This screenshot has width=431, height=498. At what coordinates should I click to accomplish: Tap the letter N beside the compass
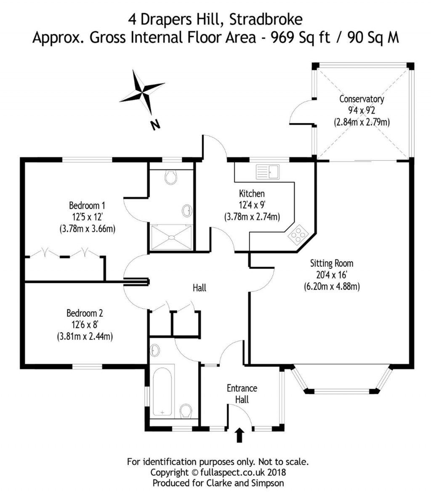tap(155, 125)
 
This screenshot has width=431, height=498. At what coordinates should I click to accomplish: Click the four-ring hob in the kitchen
tap(297, 235)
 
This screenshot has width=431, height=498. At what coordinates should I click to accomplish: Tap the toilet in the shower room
tap(171, 177)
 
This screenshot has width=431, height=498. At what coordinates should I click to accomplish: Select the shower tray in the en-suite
tap(171, 237)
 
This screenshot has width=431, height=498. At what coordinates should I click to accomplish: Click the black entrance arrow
tap(240, 435)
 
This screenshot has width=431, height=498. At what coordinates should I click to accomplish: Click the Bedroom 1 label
tap(87, 206)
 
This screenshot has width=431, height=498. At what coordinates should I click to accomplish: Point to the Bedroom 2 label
tap(85, 313)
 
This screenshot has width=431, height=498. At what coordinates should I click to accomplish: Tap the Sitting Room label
tap(332, 264)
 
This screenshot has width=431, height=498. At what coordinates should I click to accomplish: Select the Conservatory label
tap(362, 99)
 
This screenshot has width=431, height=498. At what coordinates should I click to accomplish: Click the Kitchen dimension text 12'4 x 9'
tap(252, 205)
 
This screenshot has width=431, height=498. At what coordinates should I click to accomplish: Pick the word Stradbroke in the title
tap(263, 19)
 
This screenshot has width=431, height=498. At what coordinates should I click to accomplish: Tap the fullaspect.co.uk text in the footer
tap(232, 472)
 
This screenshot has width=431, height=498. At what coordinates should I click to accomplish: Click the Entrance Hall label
tap(242, 394)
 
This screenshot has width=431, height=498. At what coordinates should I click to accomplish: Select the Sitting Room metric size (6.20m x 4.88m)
tap(332, 287)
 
